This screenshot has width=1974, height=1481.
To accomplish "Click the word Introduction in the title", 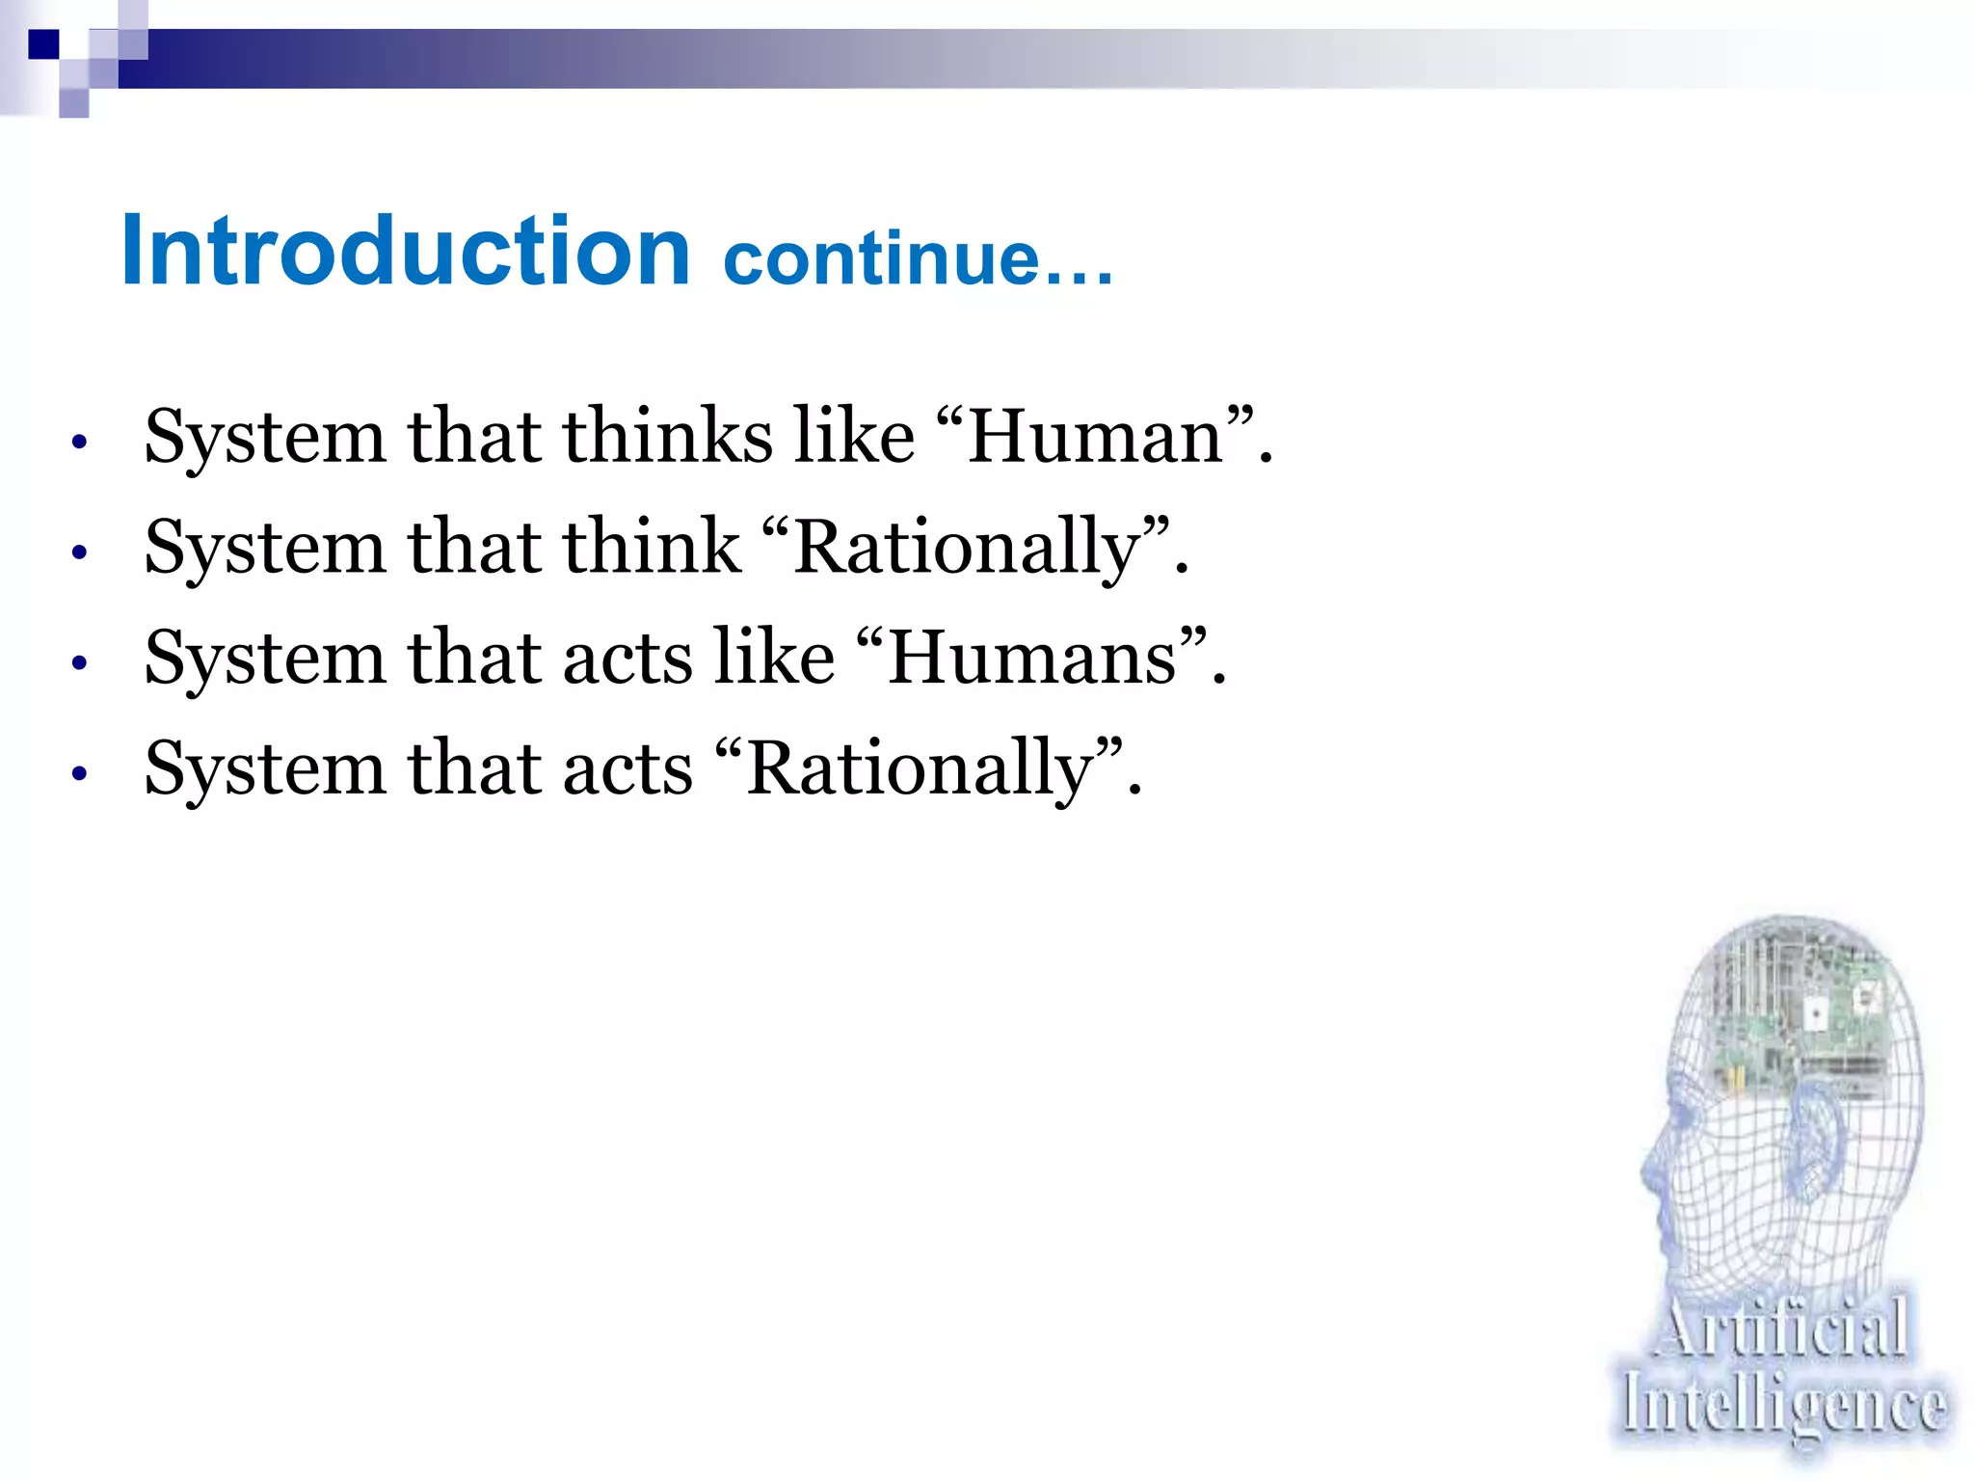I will (405, 251).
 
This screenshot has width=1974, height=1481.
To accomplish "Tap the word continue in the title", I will (882, 258).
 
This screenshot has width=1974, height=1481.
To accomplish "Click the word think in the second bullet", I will (652, 547).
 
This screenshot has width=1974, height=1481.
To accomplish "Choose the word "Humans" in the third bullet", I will (1031, 659).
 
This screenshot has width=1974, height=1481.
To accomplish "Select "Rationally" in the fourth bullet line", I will (920, 769).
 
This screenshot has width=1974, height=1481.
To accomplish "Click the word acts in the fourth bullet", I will (627, 769).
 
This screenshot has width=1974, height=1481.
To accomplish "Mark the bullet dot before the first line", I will (80, 443).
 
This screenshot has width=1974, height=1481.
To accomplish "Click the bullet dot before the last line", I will (80, 773).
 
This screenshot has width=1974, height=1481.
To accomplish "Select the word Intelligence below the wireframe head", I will (1783, 1406).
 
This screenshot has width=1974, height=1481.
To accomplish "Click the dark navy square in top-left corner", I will (43, 44).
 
